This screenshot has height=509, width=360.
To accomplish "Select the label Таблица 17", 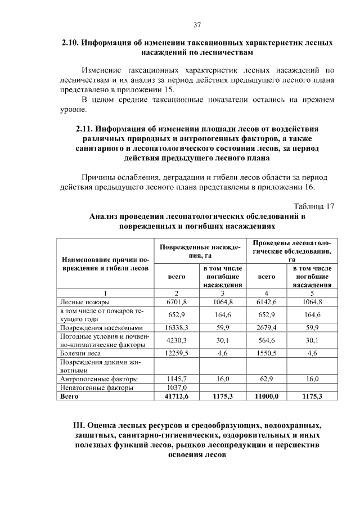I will (x=314, y=206).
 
